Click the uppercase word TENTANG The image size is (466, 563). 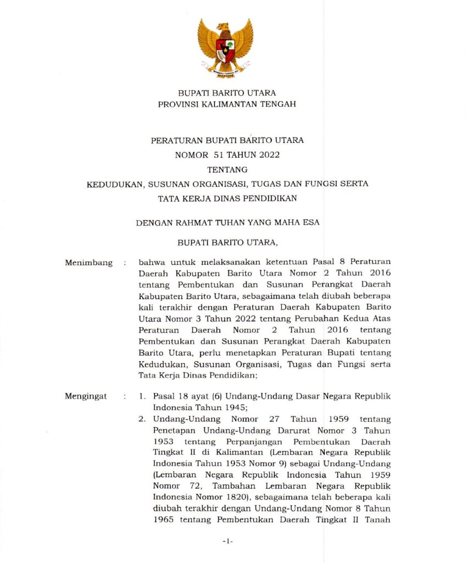click(x=227, y=169)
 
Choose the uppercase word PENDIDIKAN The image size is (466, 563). click(x=271, y=198)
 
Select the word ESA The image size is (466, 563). click(x=310, y=223)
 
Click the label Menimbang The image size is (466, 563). click(x=88, y=263)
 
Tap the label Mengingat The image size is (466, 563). click(x=86, y=396)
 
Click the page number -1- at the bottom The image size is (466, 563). click(x=228, y=542)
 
